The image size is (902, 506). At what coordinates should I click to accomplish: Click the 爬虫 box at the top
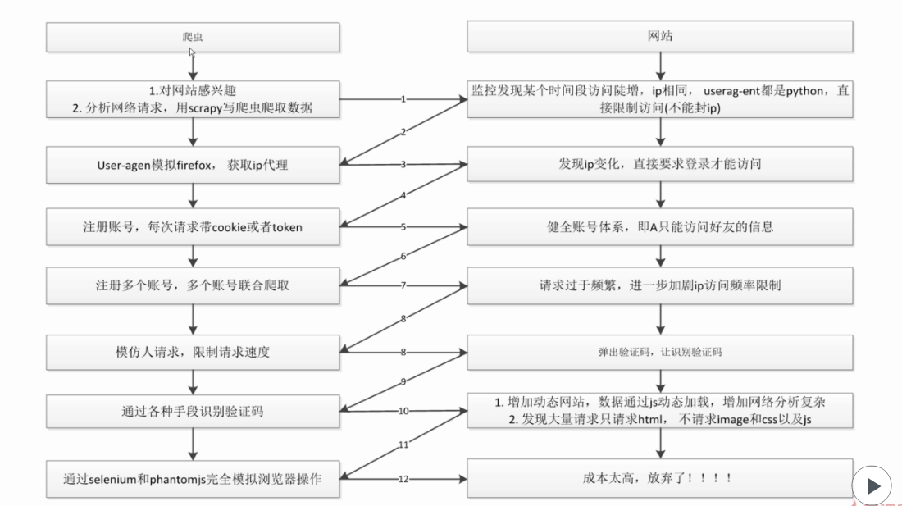point(192,37)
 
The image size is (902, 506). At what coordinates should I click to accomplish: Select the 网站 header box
point(660,37)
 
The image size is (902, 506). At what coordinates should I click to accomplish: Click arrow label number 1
point(403,98)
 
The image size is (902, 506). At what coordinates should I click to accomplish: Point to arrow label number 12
point(403,478)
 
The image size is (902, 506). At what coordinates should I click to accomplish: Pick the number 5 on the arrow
point(403,226)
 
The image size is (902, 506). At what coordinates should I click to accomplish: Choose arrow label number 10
point(403,410)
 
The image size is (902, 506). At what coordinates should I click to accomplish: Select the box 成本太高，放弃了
point(660,478)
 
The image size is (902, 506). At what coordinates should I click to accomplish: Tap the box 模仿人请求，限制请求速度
point(192,352)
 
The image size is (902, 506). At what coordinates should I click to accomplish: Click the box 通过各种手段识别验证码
point(192,411)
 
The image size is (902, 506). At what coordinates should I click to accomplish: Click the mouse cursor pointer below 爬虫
point(192,52)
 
